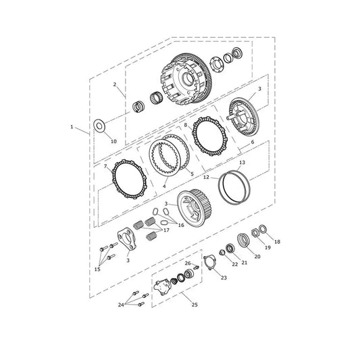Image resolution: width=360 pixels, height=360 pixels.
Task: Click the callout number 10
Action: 113,141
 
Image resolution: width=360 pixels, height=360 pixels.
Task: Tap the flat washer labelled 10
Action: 99,126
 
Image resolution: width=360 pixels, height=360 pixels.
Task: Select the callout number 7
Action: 105,166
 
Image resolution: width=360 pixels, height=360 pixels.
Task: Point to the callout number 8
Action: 186,125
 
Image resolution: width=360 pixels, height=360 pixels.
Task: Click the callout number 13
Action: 242,163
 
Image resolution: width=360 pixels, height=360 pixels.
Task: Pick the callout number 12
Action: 206,177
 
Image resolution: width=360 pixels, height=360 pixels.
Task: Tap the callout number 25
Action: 195,305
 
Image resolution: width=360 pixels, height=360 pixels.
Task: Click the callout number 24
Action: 121,305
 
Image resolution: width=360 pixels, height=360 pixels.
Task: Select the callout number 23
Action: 224,278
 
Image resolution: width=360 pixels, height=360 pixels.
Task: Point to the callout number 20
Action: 257,257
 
